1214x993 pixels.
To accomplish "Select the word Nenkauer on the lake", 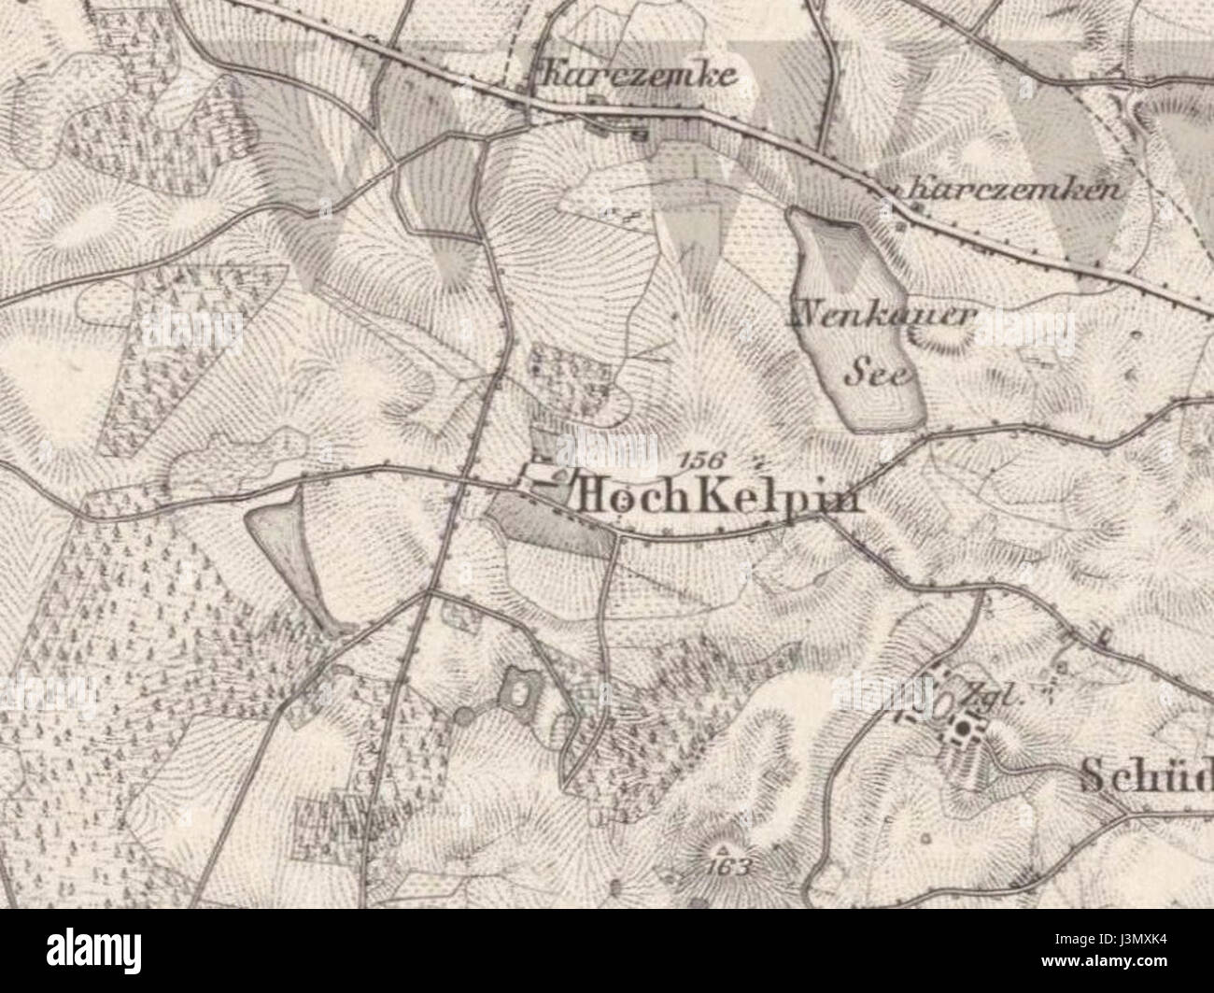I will (882, 317).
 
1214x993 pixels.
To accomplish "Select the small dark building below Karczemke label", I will (641, 134).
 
